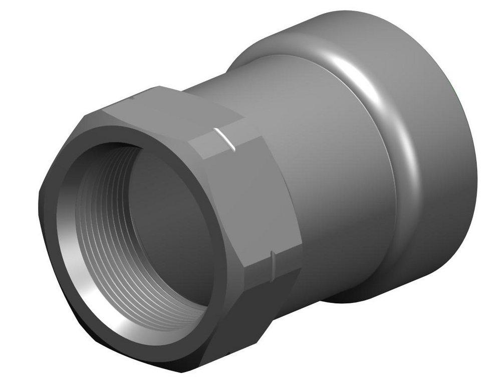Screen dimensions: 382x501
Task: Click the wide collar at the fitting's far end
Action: (431, 150)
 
